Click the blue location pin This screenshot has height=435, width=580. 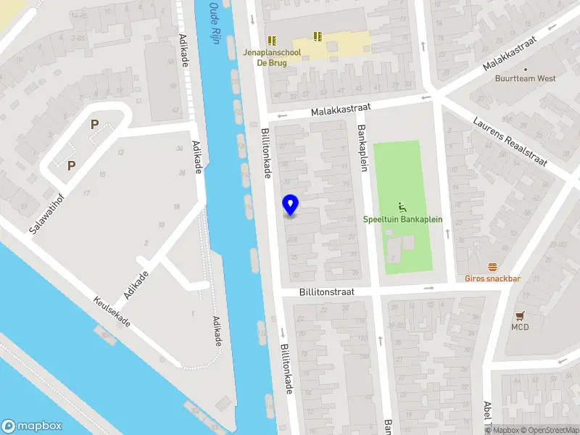click(291, 205)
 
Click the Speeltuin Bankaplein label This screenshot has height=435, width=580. click(402, 219)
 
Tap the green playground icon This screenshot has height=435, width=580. click(402, 206)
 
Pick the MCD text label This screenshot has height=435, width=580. click(520, 327)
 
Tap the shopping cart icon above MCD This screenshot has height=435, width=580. click(520, 316)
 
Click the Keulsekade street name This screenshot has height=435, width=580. click(112, 312)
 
